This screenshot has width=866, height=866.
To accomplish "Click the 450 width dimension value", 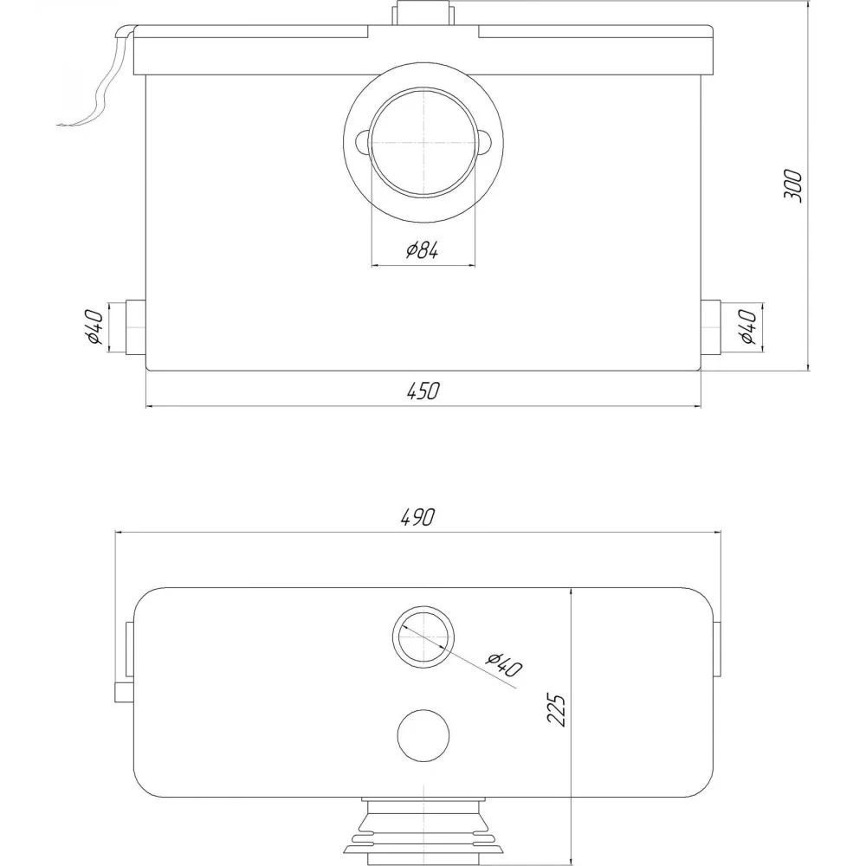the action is pyautogui.click(x=423, y=391).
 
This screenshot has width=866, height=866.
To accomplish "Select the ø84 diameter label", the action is pyautogui.click(x=423, y=250).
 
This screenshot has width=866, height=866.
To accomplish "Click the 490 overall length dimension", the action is pyautogui.click(x=417, y=516).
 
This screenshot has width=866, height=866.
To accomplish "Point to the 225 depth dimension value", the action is pyautogui.click(x=556, y=710).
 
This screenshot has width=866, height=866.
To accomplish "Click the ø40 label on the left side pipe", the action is pyautogui.click(x=94, y=327).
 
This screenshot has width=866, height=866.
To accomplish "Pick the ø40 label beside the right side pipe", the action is pyautogui.click(x=748, y=327).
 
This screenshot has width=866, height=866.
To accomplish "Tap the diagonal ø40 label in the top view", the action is pyautogui.click(x=504, y=665).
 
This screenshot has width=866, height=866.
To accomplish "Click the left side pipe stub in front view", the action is pyautogui.click(x=135, y=327).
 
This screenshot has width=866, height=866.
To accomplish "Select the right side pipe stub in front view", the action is pyautogui.click(x=711, y=327).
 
